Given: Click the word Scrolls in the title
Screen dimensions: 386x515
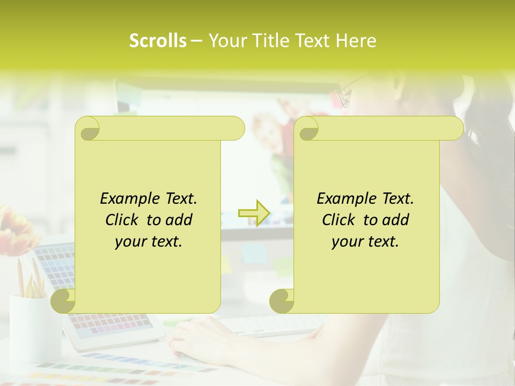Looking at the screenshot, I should (x=158, y=41).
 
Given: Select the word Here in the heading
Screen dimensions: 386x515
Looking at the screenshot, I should (x=356, y=41).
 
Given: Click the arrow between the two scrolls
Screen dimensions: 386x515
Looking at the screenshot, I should (x=254, y=213).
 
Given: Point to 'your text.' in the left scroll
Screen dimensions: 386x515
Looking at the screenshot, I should (x=149, y=242).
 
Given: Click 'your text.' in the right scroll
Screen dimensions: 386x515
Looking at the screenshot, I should (x=365, y=242).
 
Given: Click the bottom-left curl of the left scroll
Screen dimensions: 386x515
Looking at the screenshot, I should (x=63, y=301).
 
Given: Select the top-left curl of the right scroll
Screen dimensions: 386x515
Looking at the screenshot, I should (x=307, y=129).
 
